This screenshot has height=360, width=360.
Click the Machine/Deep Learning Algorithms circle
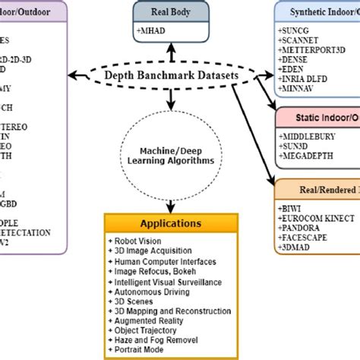(172, 153)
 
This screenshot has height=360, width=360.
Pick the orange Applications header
(171, 223)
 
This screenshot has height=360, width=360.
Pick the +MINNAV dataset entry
(298, 87)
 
